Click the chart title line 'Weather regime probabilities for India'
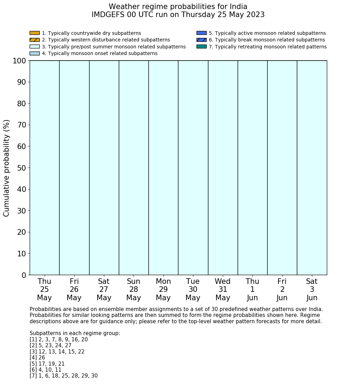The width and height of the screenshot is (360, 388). [178, 7]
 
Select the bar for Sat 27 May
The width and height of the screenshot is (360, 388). [104, 168]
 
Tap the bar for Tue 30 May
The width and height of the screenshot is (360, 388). [193, 168]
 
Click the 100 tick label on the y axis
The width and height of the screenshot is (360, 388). [19, 61]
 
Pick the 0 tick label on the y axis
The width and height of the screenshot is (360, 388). [24, 275]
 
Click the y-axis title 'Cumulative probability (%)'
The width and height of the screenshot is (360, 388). [7, 168]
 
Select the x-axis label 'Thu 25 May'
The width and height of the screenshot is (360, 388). [44, 289]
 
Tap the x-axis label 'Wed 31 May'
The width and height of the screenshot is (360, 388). [223, 289]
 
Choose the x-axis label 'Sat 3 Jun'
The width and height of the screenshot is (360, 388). [312, 289]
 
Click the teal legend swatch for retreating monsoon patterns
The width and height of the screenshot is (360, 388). [201, 47]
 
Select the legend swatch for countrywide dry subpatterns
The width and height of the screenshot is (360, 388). [35, 33]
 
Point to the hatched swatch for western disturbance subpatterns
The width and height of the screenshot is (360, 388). [35, 40]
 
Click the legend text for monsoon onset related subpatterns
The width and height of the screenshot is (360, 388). [100, 54]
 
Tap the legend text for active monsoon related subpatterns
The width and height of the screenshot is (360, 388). [267, 33]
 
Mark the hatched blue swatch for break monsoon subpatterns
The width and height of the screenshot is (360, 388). [201, 40]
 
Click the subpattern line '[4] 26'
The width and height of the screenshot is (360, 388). [37, 358]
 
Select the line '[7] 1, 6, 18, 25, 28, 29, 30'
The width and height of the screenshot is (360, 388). [63, 376]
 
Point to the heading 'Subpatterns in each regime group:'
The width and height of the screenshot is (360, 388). [75, 333]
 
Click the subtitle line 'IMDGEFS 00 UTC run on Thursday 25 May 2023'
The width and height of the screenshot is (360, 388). [178, 15]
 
